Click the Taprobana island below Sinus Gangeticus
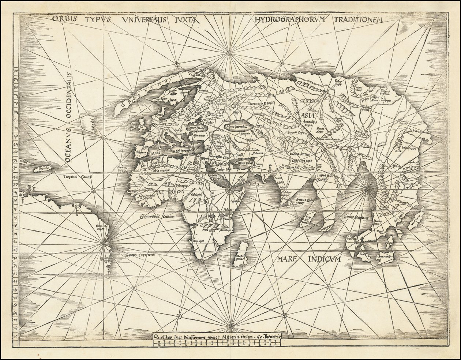point(305,220)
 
